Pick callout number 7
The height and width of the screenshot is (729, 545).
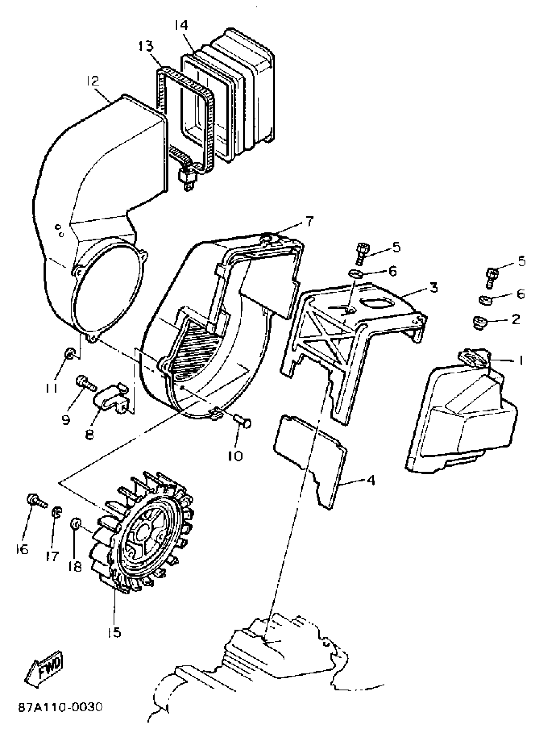pyautogui.click(x=309, y=222)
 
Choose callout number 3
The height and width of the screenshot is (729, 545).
pyautogui.click(x=434, y=287)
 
